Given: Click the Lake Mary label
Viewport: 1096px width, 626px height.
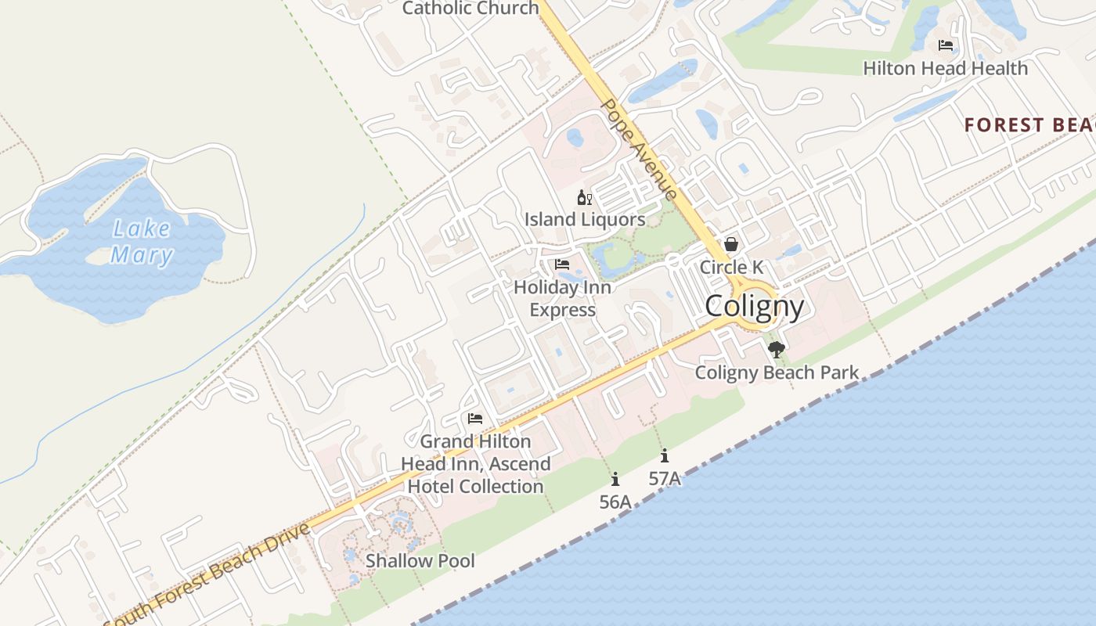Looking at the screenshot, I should [x=142, y=242].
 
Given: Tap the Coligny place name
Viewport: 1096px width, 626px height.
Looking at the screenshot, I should [x=754, y=306].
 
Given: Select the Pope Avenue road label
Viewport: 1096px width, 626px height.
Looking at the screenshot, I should [x=638, y=149].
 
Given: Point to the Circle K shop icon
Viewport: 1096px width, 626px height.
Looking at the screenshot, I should [x=731, y=244].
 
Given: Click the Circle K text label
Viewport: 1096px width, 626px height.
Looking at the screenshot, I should [x=731, y=267].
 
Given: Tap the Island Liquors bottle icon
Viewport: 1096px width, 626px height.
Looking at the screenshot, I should [x=584, y=197].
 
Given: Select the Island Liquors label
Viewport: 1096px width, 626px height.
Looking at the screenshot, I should [x=585, y=219].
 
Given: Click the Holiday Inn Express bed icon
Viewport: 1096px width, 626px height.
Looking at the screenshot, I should [x=562, y=264].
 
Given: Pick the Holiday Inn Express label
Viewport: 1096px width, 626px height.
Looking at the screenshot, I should [x=562, y=298].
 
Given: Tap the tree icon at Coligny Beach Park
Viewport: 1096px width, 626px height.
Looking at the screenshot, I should [x=776, y=350].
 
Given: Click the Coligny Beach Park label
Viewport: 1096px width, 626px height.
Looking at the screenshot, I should [x=777, y=372].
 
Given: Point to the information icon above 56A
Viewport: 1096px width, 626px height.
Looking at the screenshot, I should [x=615, y=479].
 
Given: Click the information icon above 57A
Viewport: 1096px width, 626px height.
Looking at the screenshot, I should [x=665, y=455].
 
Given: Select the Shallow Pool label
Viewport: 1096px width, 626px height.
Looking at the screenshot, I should [x=420, y=560].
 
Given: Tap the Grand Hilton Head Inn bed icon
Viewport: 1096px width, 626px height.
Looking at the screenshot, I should [x=475, y=419].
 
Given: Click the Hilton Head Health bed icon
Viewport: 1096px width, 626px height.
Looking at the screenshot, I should [x=946, y=45].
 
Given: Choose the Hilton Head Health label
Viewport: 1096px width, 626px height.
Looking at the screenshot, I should [x=945, y=68].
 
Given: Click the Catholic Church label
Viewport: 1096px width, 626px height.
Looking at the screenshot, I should [x=470, y=9].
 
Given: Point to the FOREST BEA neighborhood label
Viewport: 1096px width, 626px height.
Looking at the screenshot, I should [x=1029, y=125].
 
